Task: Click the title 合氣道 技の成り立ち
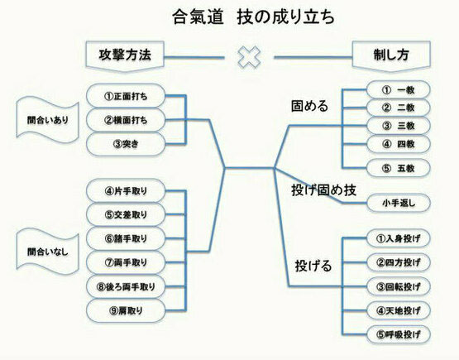tap(253, 17)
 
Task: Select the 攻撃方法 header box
tap(125, 56)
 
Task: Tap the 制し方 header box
tap(391, 56)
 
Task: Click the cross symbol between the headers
tap(249, 57)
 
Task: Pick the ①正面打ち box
tap(126, 96)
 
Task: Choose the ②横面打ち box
tap(126, 120)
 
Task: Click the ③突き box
tap(126, 144)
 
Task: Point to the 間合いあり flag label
tap(47, 120)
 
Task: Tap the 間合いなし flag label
tap(47, 252)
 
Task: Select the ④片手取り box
tap(126, 191)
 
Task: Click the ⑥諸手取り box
tap(126, 238)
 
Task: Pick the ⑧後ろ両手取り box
tap(126, 287)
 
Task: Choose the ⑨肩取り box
tap(126, 310)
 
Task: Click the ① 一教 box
tap(399, 90)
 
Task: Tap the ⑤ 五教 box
tap(399, 168)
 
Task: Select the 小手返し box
tap(399, 203)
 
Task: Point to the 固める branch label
tap(309, 106)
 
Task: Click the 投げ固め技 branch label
tap(323, 190)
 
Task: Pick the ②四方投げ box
tap(399, 262)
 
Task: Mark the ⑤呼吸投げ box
tap(399, 334)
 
